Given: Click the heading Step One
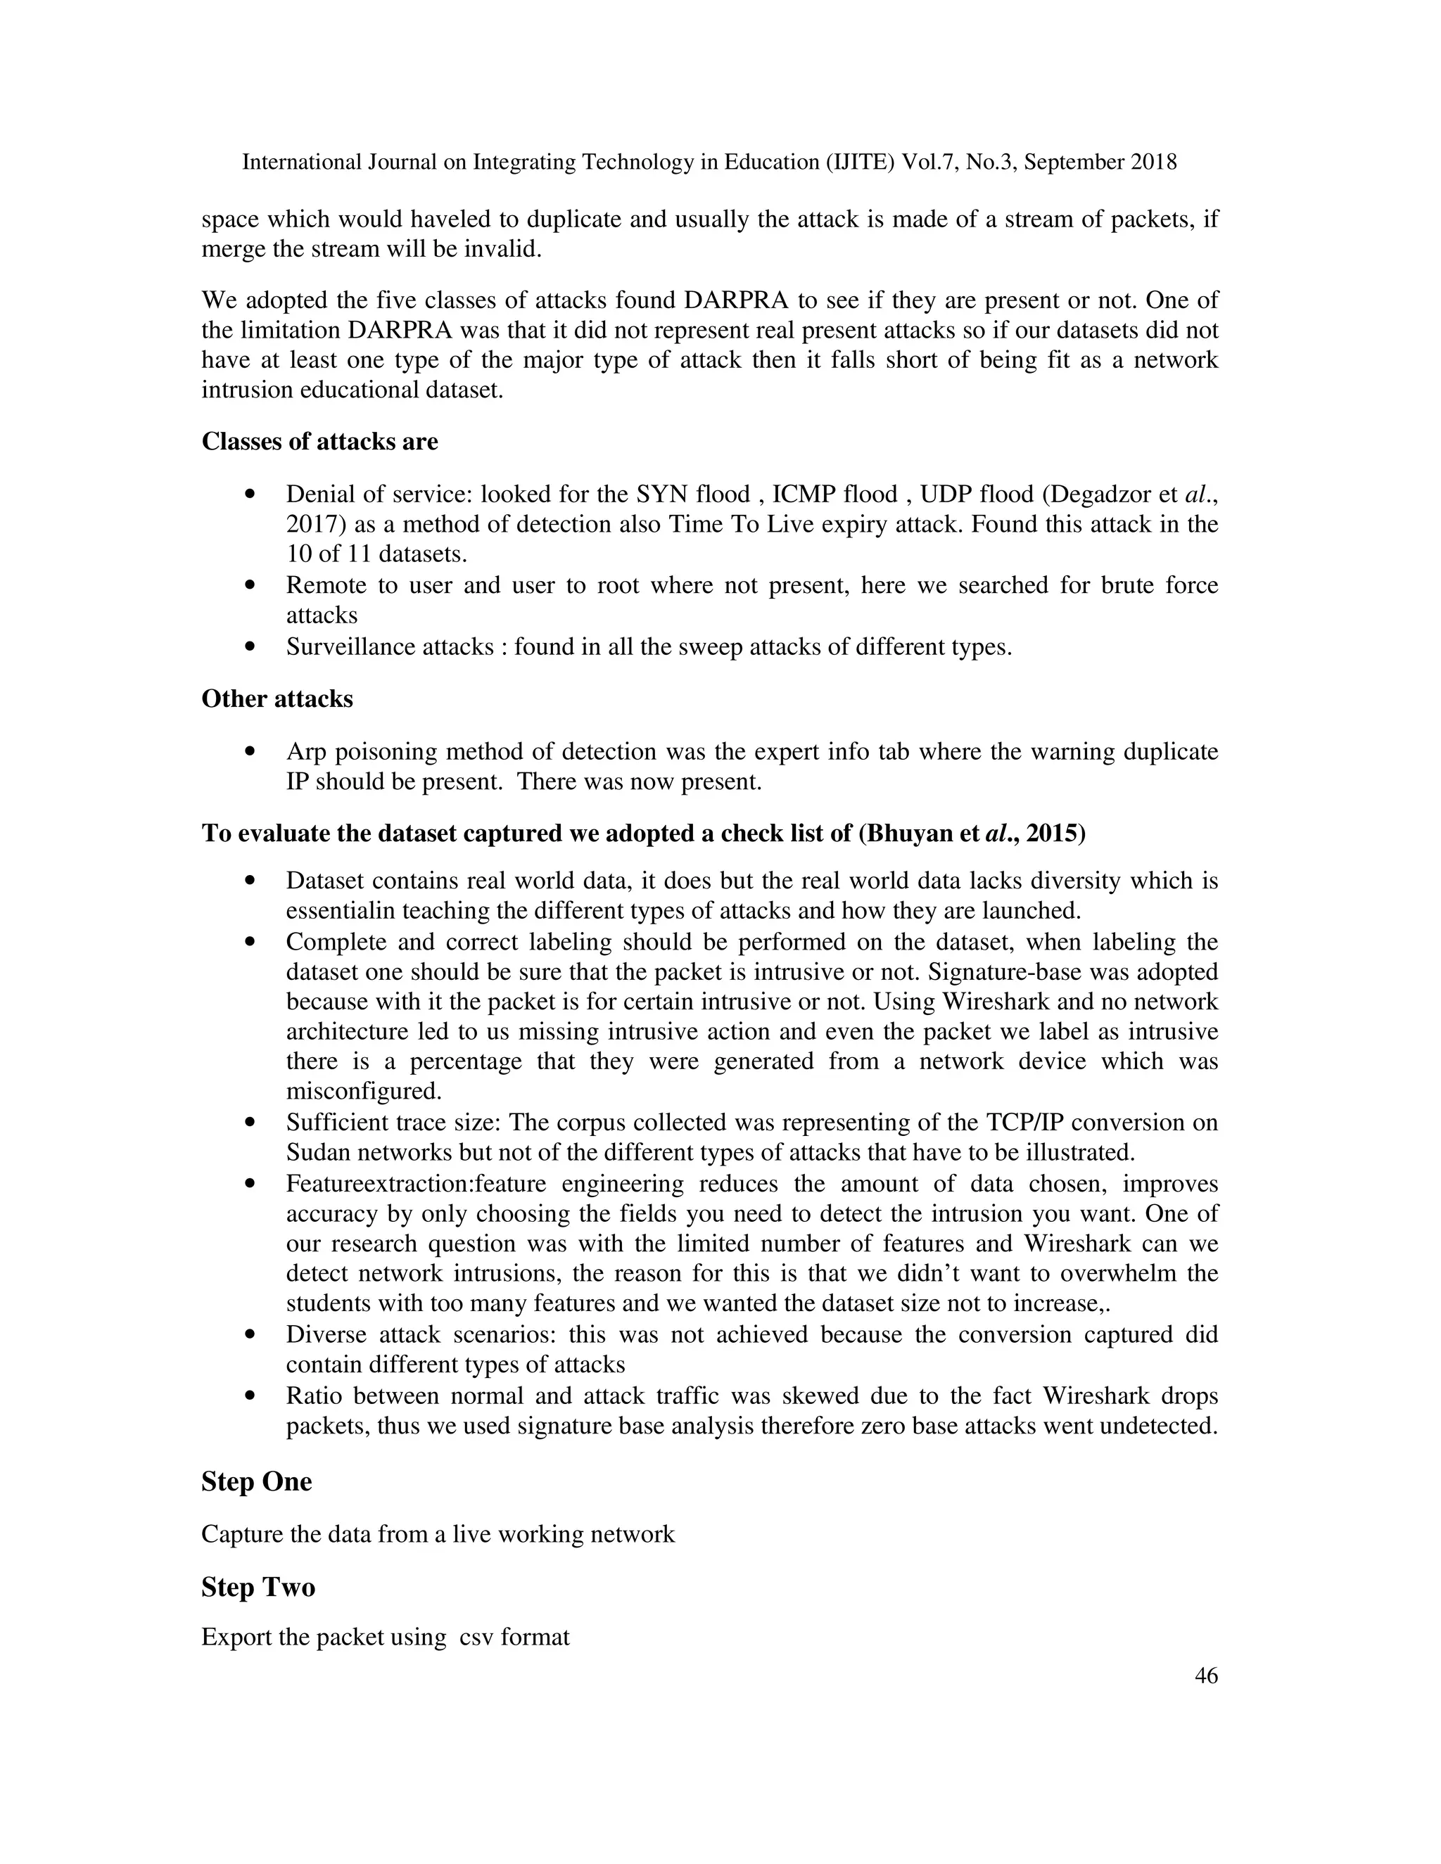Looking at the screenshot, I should pos(256,1481).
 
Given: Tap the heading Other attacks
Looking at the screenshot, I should pos(277,699).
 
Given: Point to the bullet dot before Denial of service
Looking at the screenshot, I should pos(249,494).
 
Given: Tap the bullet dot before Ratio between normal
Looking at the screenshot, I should pos(249,1396).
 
